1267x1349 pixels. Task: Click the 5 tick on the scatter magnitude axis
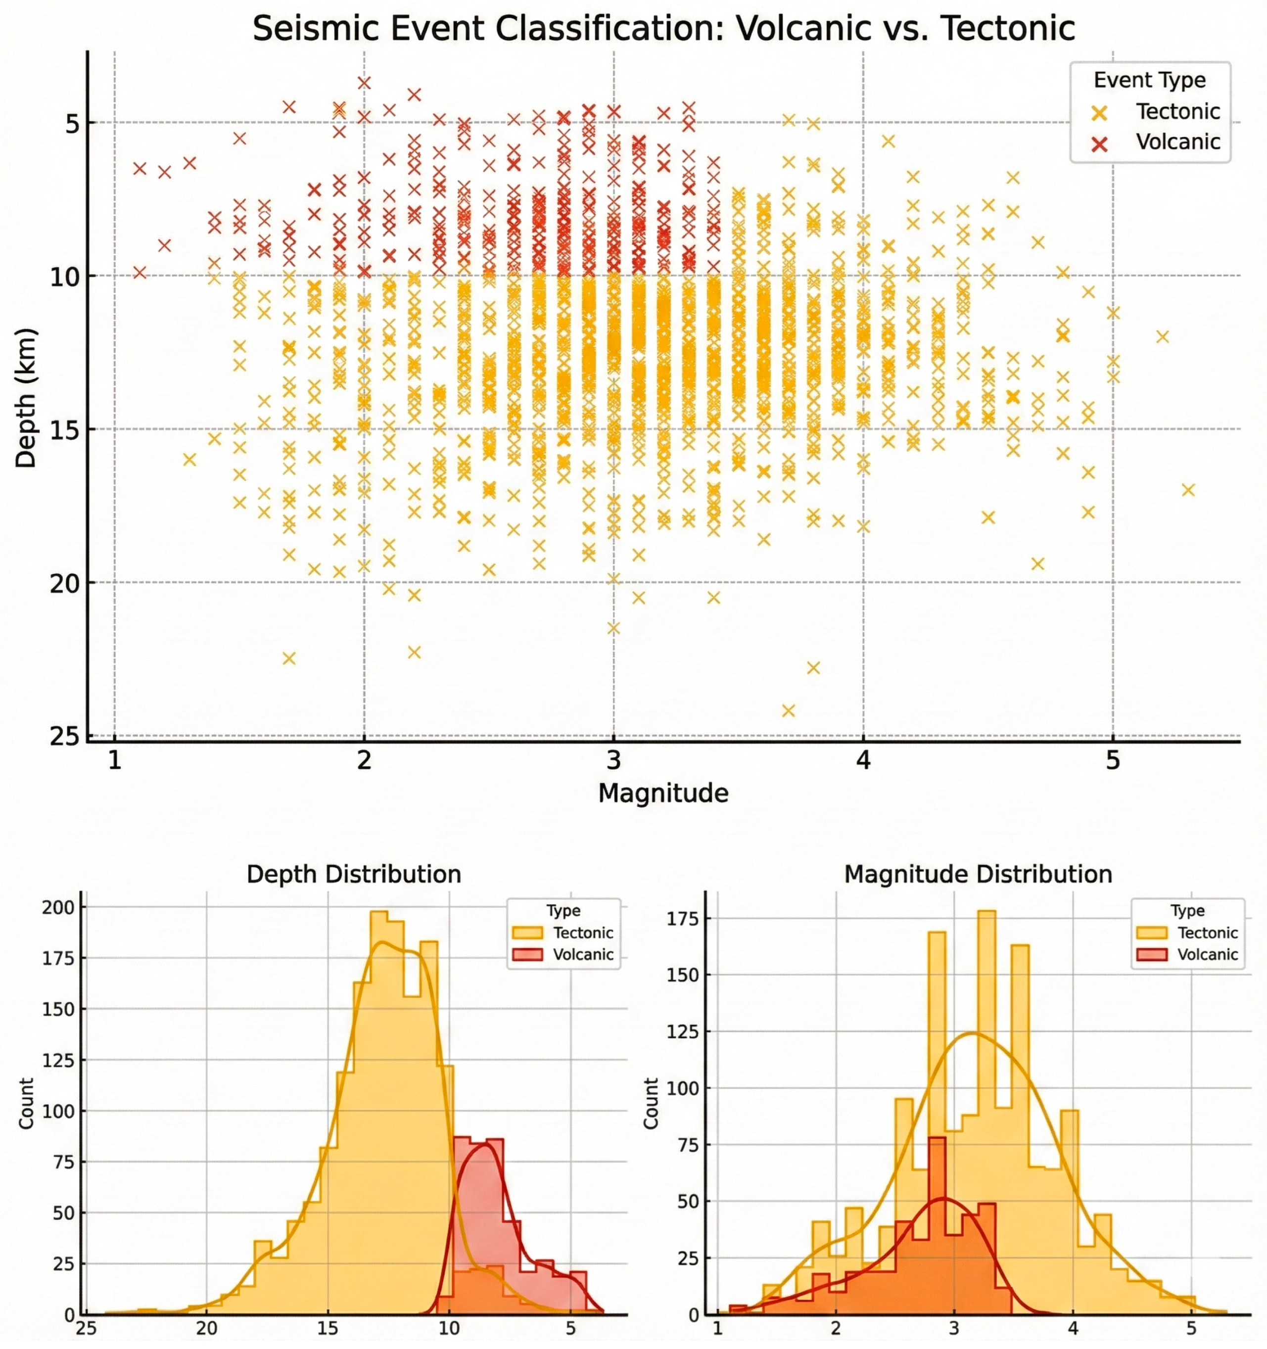(x=1112, y=761)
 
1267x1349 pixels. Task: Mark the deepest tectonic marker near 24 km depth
(x=788, y=710)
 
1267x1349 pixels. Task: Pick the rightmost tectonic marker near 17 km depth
(x=1188, y=490)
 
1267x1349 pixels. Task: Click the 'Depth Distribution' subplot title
(x=354, y=874)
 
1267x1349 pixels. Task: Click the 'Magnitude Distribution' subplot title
(x=978, y=874)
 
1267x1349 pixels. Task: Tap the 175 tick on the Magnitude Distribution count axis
(x=684, y=919)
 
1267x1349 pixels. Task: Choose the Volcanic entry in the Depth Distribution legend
(x=582, y=954)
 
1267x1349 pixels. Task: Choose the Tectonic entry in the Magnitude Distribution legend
(x=1207, y=932)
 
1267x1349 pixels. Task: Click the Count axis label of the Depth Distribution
(x=26, y=1103)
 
